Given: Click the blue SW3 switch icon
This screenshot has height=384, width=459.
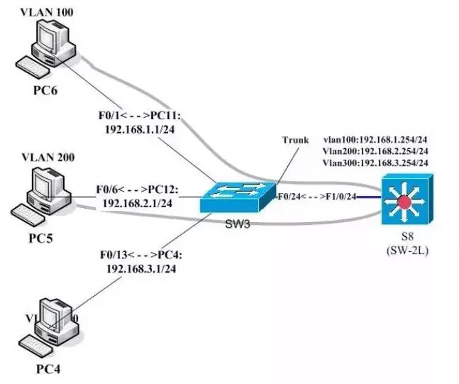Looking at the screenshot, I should tap(238, 195).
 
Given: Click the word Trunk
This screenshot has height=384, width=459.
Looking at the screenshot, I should tap(295, 140).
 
